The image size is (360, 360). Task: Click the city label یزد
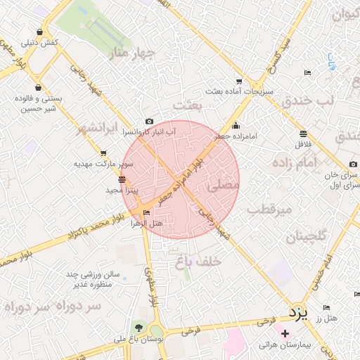click(298, 313)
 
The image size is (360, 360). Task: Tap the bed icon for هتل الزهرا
click(146, 213)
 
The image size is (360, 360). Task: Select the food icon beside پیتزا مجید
click(122, 180)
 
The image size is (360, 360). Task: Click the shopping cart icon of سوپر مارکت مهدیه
click(104, 153)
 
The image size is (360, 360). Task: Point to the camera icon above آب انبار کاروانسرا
click(149, 122)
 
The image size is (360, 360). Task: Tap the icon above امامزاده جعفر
click(235, 127)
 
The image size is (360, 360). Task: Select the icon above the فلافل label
click(302, 134)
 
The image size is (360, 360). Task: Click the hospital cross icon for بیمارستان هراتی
click(285, 333)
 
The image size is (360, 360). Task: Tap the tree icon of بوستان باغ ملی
click(139, 328)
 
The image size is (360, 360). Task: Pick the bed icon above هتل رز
click(327, 308)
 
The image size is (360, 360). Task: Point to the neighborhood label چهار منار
click(131, 53)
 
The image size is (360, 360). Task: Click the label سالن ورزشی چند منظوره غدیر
click(94, 279)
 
